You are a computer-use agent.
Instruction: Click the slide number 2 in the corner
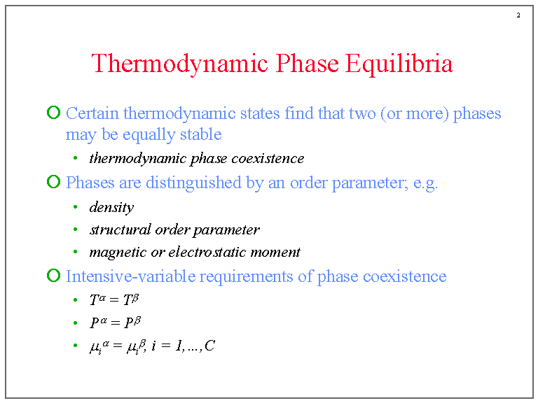pyautogui.click(x=518, y=15)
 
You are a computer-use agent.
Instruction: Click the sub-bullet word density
pyautogui.click(x=111, y=207)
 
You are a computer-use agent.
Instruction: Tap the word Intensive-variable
pyautogui.click(x=130, y=276)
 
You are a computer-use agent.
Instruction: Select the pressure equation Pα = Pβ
pyautogui.click(x=115, y=323)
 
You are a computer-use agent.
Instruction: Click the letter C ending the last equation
pyautogui.click(x=210, y=346)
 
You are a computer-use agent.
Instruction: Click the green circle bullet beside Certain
pyautogui.click(x=53, y=113)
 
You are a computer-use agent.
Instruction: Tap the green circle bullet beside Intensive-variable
pyautogui.click(x=53, y=276)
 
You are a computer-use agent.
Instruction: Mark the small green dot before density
pyautogui.click(x=75, y=208)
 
